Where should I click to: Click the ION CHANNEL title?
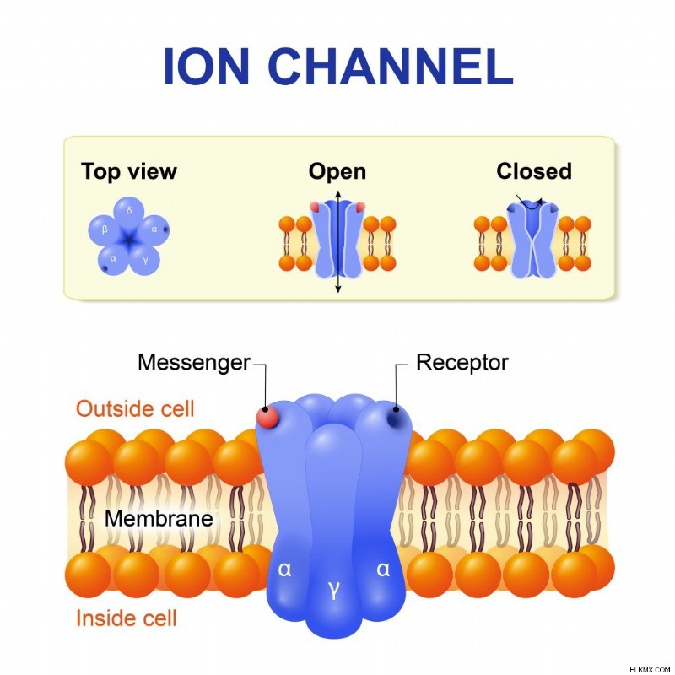pos(338,67)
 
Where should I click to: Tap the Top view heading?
pos(129,172)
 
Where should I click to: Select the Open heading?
pos(337,172)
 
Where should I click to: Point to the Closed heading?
pos(534,171)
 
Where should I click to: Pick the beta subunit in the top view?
pos(104,229)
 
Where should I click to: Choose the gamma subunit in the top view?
pos(144,259)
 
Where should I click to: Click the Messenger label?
pos(194,363)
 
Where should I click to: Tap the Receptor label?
pos(462,363)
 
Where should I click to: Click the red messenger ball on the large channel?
pos(267,417)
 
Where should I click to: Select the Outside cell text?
pos(135,408)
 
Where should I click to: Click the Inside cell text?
pos(127,618)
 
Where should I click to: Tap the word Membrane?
pos(159,518)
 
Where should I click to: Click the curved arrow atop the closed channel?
pos(530,203)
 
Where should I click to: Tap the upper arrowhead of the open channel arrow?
pos(338,193)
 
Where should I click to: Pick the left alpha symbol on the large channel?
pos(284,569)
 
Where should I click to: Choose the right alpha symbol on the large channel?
pos(383,569)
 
